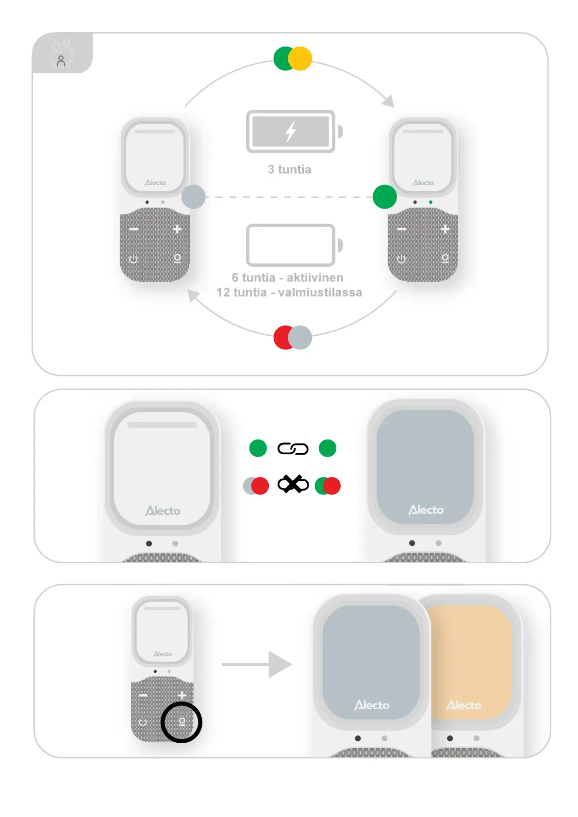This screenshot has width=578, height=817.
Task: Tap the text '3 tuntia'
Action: tap(289, 169)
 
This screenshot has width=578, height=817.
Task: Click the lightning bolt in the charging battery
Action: tap(290, 131)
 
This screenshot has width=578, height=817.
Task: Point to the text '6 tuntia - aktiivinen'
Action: tap(287, 278)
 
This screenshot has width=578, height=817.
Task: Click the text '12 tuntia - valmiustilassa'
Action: tap(289, 293)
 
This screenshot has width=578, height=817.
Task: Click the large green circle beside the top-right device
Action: tap(385, 196)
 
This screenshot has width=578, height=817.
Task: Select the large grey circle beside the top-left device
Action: tap(193, 196)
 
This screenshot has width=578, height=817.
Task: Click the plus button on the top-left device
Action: tap(177, 229)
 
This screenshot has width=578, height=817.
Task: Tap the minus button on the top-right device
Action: tap(402, 229)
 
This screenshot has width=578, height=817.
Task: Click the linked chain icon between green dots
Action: tap(293, 449)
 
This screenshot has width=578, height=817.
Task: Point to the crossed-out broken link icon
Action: tap(293, 484)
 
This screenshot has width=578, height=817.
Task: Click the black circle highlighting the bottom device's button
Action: tap(182, 722)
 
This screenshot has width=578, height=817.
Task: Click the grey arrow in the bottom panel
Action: tap(257, 664)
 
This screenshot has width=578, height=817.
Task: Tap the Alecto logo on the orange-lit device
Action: tap(463, 705)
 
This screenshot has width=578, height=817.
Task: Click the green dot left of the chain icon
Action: tap(258, 448)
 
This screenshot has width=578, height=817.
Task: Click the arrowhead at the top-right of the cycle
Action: tap(388, 101)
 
